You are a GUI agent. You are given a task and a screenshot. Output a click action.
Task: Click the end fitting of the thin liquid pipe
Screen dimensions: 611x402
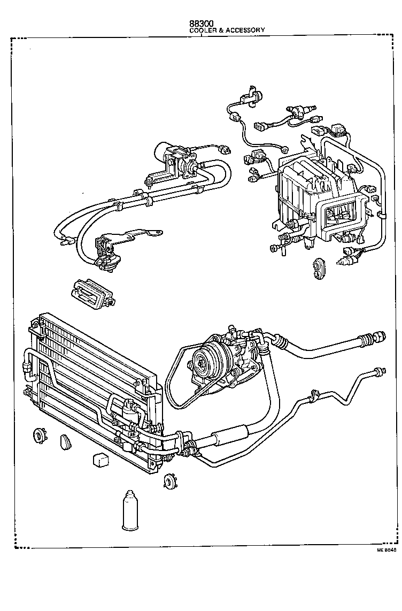click(380, 370)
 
